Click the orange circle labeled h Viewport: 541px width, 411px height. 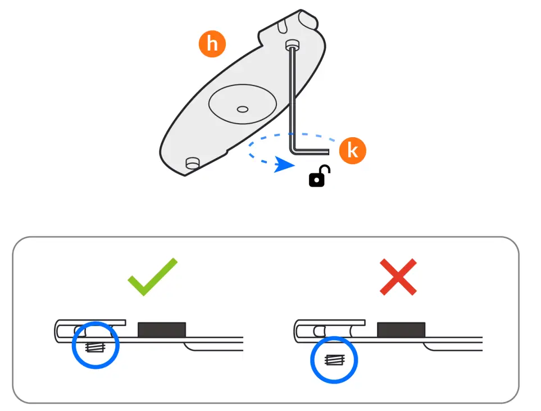[212, 44]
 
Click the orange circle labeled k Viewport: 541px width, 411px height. [352, 151]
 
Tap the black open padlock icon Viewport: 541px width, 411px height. [319, 177]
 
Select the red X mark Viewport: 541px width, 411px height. [398, 277]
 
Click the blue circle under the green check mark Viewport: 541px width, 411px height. [96, 345]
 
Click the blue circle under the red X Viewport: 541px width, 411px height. [334, 359]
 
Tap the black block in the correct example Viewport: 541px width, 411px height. [162, 329]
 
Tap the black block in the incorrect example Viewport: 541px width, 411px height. [401, 329]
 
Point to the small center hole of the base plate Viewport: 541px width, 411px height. [243, 108]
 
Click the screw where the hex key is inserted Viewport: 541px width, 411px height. [291, 44]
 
